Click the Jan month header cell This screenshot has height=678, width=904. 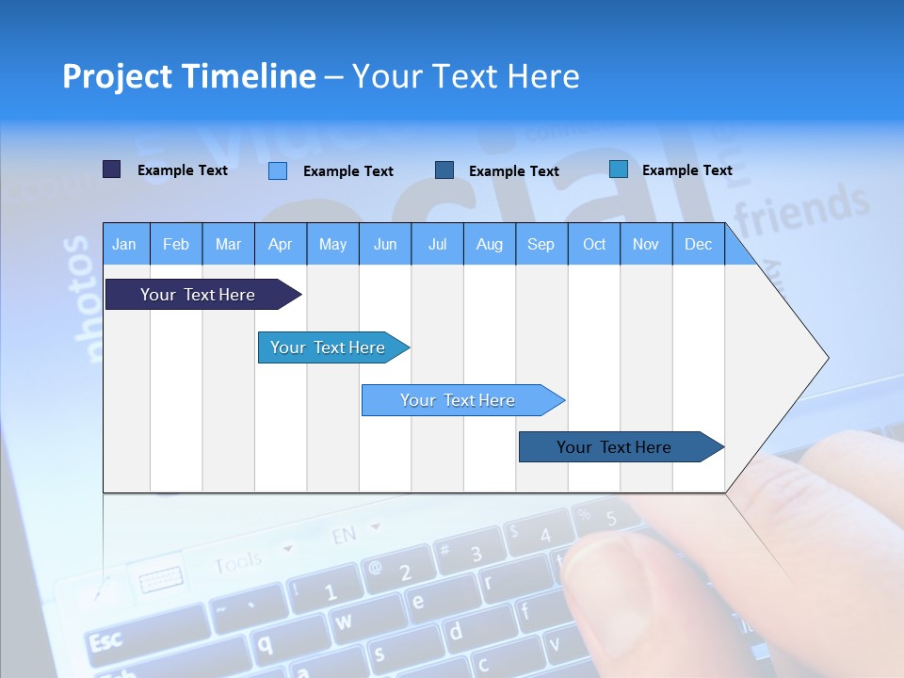(124, 244)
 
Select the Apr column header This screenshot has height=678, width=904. (280, 244)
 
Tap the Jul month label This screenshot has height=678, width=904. (437, 244)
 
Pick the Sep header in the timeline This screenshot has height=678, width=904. (541, 244)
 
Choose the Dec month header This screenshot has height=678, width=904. (698, 244)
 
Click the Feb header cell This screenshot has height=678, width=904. (176, 244)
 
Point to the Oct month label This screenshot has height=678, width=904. (594, 244)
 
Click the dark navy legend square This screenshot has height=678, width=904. (111, 169)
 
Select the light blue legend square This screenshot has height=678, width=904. (278, 170)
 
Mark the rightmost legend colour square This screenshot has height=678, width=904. (619, 169)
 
